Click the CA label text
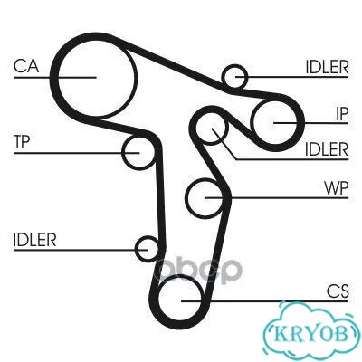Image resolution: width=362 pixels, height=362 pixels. coord(26,66)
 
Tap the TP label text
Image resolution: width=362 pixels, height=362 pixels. coord(22,142)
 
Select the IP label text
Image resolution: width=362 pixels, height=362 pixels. coord(342,114)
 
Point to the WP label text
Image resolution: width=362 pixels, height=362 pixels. coord(337,188)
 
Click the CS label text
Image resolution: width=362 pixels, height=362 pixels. coord(338,291)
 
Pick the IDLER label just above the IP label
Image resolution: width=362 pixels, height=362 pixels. coord(327,67)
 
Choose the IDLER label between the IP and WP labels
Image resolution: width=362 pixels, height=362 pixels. coord(327,149)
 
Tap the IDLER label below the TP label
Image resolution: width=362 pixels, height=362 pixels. coord(35,240)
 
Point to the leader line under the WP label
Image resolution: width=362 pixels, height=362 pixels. coord(277,198)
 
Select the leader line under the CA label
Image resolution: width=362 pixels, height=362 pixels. coord(55,78)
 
